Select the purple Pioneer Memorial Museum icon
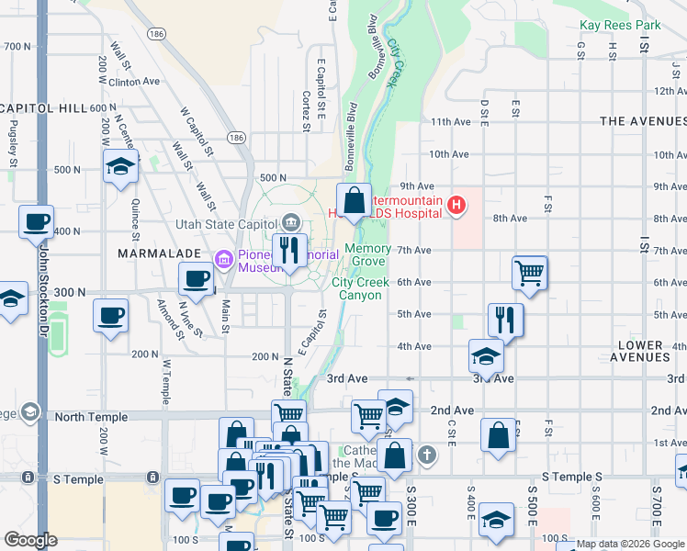point(223,260)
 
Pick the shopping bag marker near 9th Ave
point(354,200)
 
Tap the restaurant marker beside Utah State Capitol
point(290,250)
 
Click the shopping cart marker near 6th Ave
point(530,272)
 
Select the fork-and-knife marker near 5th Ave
point(506,320)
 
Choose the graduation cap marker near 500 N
point(120,168)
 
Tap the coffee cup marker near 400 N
point(37,222)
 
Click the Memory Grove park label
point(367,255)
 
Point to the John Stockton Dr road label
point(42,303)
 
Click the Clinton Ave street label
point(134,81)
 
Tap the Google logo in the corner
point(30,540)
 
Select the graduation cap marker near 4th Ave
point(486,355)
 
